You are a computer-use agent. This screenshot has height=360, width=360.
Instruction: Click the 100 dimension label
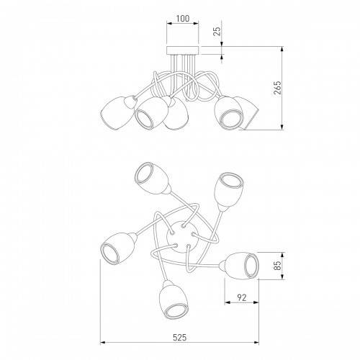(x=183, y=19)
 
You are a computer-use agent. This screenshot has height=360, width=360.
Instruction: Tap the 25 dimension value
(x=217, y=32)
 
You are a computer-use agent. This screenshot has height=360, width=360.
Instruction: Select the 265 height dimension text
(x=277, y=88)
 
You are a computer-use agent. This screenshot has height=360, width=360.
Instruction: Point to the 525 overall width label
(x=179, y=338)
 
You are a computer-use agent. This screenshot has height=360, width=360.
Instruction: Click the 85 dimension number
(x=277, y=266)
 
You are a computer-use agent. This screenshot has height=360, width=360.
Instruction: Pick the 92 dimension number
(x=242, y=297)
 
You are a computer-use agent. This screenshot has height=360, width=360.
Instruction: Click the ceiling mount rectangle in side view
(x=183, y=50)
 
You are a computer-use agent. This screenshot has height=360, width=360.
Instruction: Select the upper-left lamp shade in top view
(x=152, y=177)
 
